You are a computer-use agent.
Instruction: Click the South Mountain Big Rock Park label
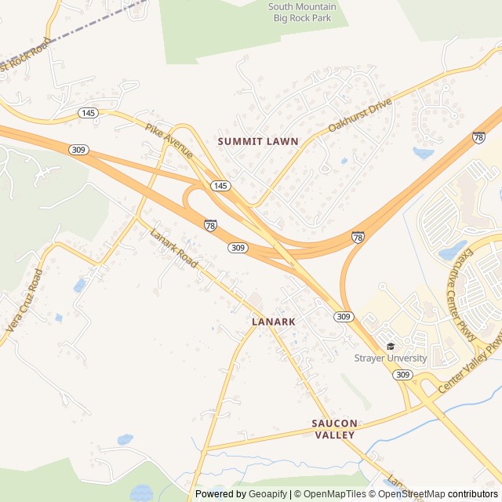point(302,13)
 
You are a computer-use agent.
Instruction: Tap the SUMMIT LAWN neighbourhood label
point(258,141)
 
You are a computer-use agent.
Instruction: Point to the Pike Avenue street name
point(169,140)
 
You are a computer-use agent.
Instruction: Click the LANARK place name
point(274,322)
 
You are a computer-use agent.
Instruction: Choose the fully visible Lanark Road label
point(173,248)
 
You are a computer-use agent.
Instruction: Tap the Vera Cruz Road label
point(26,303)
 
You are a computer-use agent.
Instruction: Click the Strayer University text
point(390,358)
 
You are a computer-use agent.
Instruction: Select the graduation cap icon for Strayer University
point(391,346)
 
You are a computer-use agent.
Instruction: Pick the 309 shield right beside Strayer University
point(402,375)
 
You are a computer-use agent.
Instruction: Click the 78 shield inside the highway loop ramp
point(210,225)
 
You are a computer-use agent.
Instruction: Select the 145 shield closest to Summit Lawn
point(220,186)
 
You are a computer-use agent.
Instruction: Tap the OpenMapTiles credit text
point(327,494)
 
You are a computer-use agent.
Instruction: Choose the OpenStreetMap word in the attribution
point(412,494)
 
